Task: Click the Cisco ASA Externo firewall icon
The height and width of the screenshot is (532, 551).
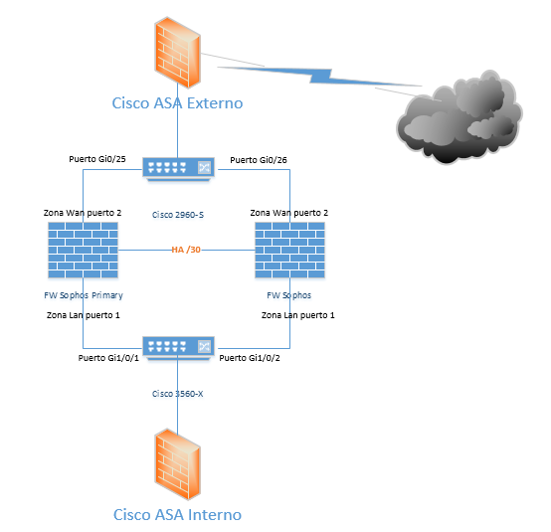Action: click(177, 52)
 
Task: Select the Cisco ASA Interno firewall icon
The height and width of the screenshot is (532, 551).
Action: click(177, 464)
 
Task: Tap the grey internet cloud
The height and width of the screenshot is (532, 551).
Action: click(459, 117)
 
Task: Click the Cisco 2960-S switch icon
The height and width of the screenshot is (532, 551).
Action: click(178, 169)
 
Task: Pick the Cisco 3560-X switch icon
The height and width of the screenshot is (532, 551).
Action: click(178, 348)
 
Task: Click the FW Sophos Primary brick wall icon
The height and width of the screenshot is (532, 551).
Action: click(83, 250)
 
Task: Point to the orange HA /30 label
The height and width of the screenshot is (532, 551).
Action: click(186, 250)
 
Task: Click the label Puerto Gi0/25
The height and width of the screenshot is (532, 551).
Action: click(97, 159)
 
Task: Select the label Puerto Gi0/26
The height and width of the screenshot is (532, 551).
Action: click(259, 160)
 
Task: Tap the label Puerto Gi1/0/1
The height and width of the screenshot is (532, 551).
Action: click(108, 358)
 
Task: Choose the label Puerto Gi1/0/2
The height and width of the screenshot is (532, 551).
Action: click(250, 358)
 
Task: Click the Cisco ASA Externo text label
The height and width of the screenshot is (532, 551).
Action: click(177, 103)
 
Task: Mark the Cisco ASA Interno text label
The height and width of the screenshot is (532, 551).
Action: click(177, 515)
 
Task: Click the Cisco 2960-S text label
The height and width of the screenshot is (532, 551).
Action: click(178, 215)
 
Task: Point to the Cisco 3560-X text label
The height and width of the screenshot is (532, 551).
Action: click(177, 394)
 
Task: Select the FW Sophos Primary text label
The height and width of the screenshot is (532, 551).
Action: click(84, 295)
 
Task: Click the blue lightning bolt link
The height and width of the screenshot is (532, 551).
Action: click(320, 76)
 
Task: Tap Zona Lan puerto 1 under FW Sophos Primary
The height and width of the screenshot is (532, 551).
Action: click(84, 315)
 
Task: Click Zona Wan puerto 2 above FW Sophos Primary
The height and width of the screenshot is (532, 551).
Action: click(83, 213)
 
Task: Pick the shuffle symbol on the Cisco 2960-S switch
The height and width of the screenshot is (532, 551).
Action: click(204, 167)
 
